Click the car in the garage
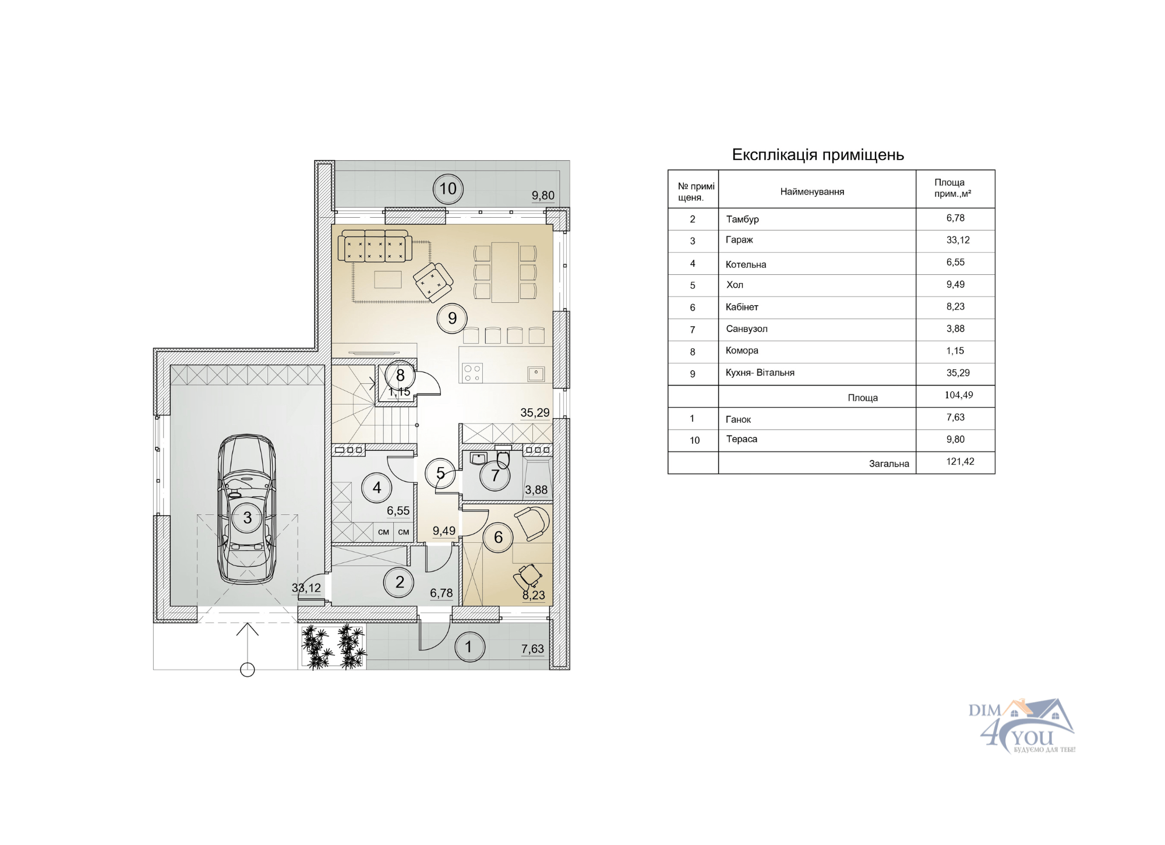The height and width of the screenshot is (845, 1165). pyautogui.click(x=247, y=509)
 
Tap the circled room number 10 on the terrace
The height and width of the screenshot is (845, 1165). pyautogui.click(x=448, y=189)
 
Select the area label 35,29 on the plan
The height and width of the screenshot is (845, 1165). pyautogui.click(x=535, y=413)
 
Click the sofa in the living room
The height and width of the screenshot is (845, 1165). pyautogui.click(x=375, y=245)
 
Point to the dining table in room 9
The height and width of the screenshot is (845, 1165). pyautogui.click(x=505, y=272)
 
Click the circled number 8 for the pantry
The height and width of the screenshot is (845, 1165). pyautogui.click(x=400, y=376)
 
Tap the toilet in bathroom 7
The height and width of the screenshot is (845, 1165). pyautogui.click(x=503, y=458)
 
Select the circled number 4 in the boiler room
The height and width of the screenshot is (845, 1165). pyautogui.click(x=377, y=488)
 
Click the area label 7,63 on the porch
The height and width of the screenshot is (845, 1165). pyautogui.click(x=532, y=649)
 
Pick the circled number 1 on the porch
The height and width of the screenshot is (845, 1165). pyautogui.click(x=469, y=647)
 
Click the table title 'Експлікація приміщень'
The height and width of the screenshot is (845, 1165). pyautogui.click(x=818, y=155)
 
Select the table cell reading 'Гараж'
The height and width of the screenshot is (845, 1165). pyautogui.click(x=739, y=240)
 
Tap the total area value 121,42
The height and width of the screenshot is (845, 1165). pyautogui.click(x=960, y=462)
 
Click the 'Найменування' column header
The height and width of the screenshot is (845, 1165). pyautogui.click(x=812, y=192)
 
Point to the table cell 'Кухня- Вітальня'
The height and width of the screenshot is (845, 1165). pyautogui.click(x=760, y=373)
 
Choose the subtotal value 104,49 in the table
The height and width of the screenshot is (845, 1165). pyautogui.click(x=959, y=395)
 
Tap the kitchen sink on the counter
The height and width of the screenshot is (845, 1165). pyautogui.click(x=536, y=374)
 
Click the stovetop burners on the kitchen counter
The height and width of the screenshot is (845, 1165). pyautogui.click(x=472, y=373)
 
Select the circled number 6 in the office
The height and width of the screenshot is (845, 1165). pyautogui.click(x=499, y=537)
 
